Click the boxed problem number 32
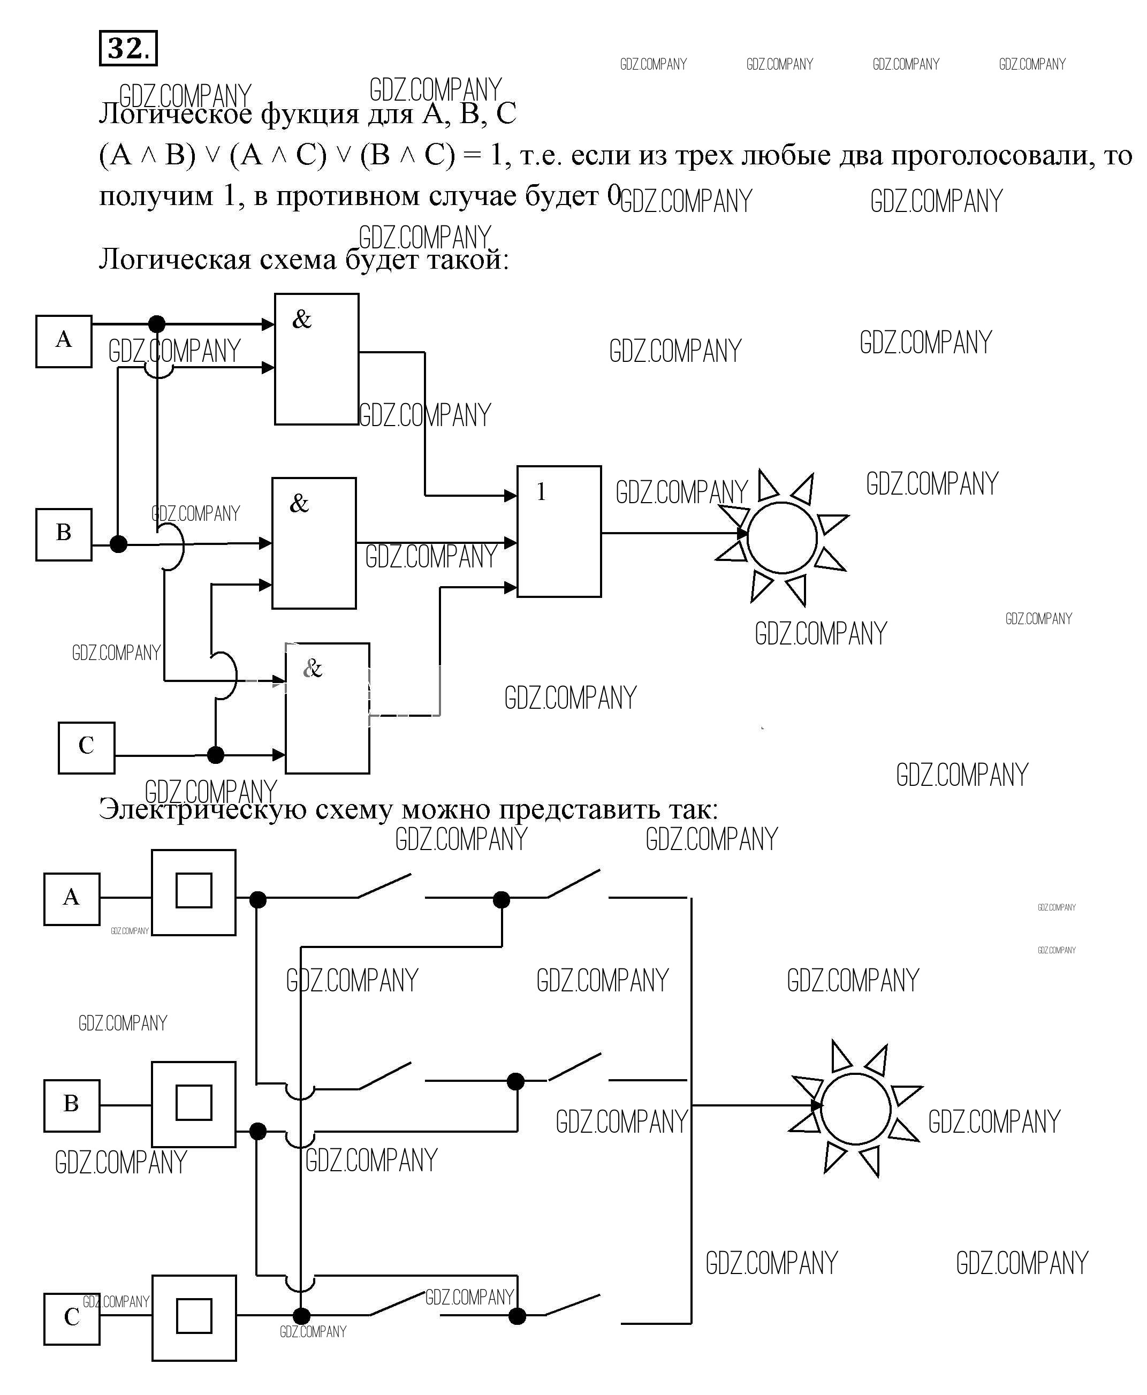pos(127,48)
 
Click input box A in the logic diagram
pos(64,341)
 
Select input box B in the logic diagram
pos(64,534)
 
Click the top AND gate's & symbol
pos(302,320)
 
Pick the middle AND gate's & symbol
pos(299,504)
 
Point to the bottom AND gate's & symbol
pos(312,669)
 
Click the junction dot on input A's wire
pos(157,324)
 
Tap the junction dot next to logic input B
pos(118,544)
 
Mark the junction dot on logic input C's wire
pos(215,754)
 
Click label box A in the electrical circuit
pos(71,899)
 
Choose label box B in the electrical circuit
pos(71,1105)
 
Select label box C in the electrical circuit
pos(71,1317)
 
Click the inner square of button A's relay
pos(194,890)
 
